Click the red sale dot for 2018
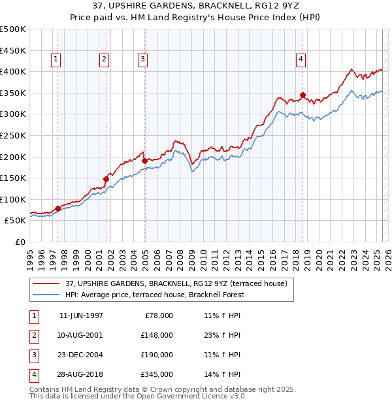302,95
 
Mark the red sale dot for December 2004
144,160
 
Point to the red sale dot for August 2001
105,178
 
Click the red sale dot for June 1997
57,208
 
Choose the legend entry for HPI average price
154,295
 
